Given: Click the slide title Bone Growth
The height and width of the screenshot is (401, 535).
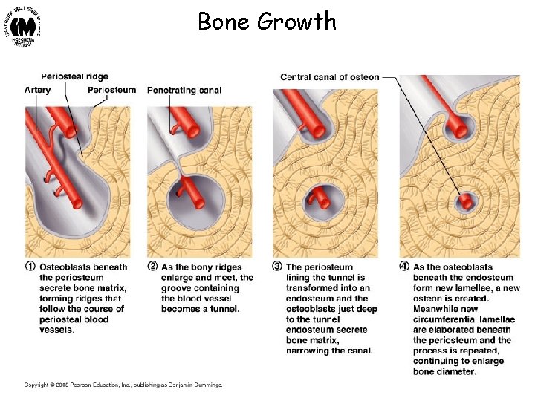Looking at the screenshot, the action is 267,21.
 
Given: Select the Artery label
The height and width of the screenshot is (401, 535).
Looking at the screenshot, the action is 37,90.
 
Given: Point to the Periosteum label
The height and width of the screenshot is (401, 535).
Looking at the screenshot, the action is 111,90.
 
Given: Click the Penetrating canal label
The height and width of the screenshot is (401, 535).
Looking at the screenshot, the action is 184,91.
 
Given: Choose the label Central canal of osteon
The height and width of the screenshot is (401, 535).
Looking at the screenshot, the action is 329,76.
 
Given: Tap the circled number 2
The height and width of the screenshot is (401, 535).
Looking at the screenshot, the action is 152,267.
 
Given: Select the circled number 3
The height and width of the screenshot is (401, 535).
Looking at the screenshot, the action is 279,267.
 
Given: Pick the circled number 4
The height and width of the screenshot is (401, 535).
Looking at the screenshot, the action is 405,267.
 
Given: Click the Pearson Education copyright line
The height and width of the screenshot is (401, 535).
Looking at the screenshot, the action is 123,384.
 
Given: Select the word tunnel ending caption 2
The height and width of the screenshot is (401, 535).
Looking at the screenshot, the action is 222,309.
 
